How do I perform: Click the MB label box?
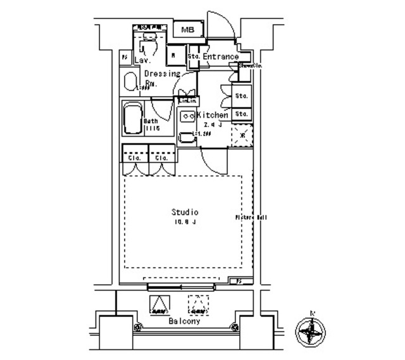(188, 30)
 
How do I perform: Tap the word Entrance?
(220, 57)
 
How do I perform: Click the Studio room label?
(185, 212)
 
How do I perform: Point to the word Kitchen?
(212, 115)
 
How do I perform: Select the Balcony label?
(184, 321)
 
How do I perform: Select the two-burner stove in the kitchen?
(187, 116)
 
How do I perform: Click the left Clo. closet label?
(134, 158)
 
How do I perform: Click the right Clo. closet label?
(161, 158)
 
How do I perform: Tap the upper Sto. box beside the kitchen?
(241, 96)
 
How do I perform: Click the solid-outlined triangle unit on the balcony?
(159, 306)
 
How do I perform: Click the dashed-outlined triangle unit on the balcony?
(199, 306)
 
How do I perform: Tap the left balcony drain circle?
(137, 328)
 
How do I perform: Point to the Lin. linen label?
(188, 101)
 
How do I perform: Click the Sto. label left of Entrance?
(194, 57)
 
